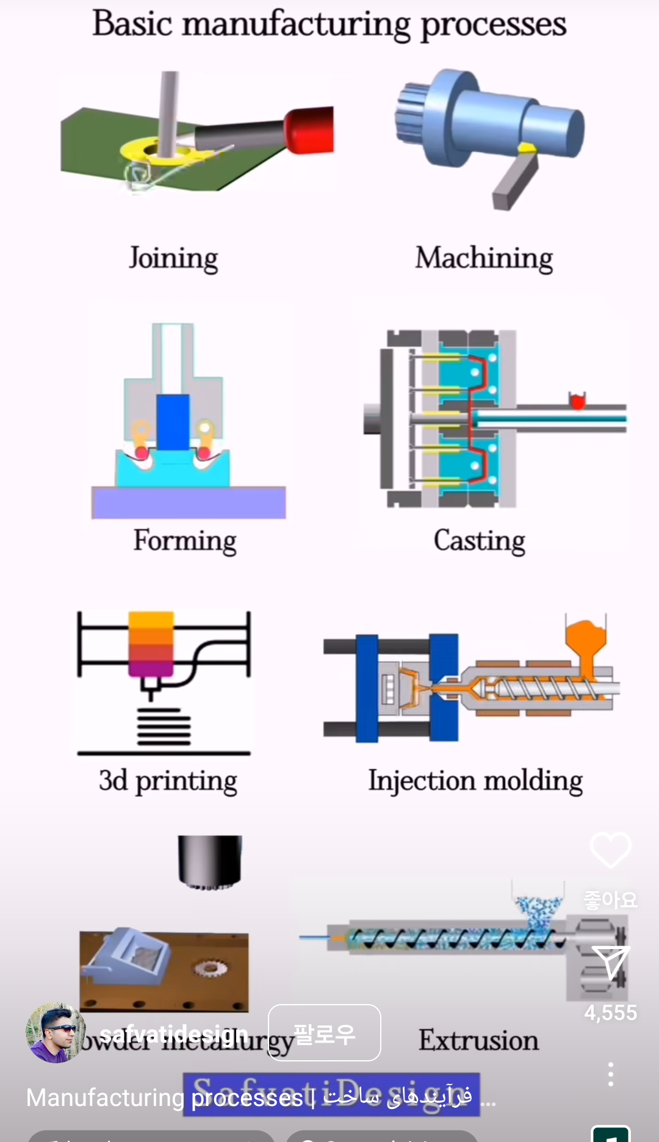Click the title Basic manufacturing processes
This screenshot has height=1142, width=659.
click(329, 24)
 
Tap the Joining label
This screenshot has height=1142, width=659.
click(173, 258)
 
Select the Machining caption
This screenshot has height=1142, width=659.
click(484, 258)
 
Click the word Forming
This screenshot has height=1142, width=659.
click(185, 541)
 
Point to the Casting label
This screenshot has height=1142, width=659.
click(479, 541)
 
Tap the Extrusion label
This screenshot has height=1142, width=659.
click(478, 1040)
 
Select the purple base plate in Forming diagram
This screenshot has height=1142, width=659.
click(189, 502)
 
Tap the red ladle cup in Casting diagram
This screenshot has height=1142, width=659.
click(577, 400)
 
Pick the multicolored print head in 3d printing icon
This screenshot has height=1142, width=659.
click(151, 645)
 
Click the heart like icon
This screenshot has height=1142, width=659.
click(610, 850)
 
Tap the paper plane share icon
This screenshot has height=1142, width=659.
click(610, 963)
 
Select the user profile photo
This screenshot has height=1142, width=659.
click(56, 1033)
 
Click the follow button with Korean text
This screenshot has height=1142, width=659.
click(324, 1033)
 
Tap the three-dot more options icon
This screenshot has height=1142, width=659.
click(610, 1074)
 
